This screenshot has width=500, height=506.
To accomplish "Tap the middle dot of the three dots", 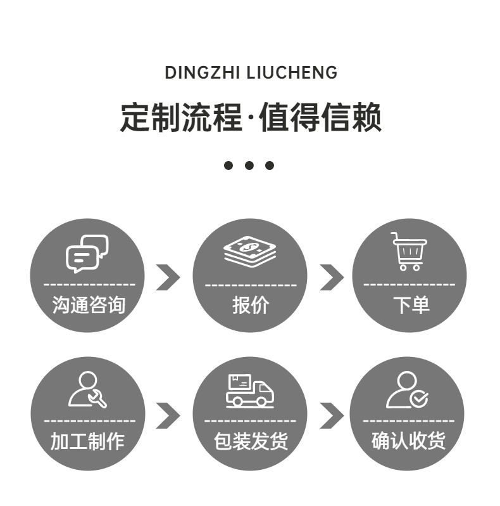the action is pyautogui.click(x=249, y=165).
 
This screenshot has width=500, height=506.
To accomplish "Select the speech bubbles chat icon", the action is pyautogui.click(x=87, y=254).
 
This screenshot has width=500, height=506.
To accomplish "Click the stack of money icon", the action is pyautogui.click(x=250, y=252).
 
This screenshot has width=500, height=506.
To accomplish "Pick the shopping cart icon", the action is pyautogui.click(x=409, y=251).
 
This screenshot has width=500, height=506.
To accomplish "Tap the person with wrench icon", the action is pyautogui.click(x=87, y=389).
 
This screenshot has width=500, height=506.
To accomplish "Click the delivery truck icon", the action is pyautogui.click(x=250, y=391).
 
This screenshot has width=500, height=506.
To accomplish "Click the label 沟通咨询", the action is pyautogui.click(x=88, y=305).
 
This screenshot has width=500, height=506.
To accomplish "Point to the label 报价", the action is pyautogui.click(x=250, y=305).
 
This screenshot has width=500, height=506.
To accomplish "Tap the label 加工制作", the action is pyautogui.click(x=87, y=441).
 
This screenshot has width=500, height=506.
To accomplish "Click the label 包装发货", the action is pyautogui.click(x=250, y=441).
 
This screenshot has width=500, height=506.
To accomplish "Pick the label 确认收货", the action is pyautogui.click(x=408, y=441).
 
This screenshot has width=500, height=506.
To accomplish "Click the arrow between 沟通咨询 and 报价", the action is pyautogui.click(x=168, y=277).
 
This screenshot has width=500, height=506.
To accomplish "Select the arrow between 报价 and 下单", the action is pyautogui.click(x=331, y=277).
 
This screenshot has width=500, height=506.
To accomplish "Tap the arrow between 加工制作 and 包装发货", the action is pyautogui.click(x=168, y=415).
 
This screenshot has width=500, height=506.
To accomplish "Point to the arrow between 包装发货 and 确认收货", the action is pyautogui.click(x=331, y=415).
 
